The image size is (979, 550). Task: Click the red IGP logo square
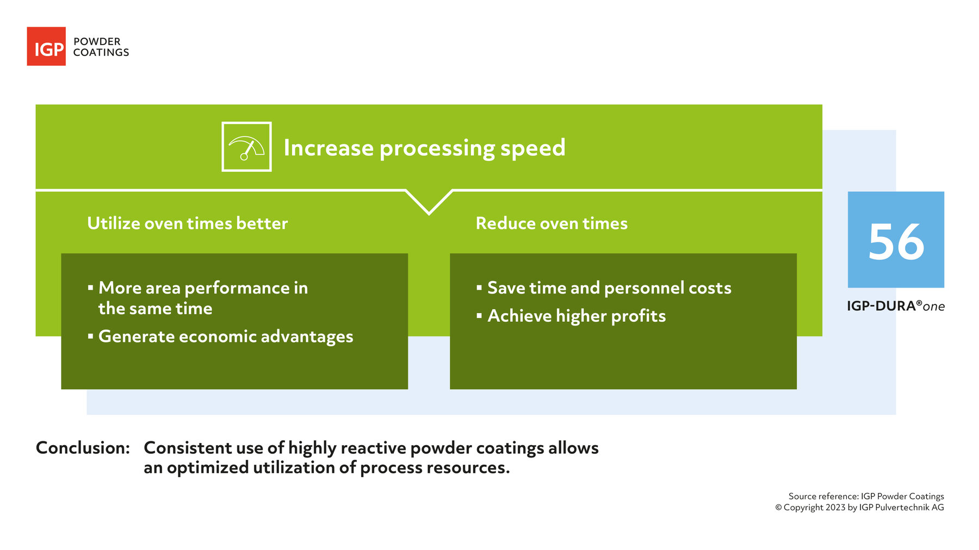(x=46, y=47)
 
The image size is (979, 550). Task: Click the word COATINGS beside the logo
(x=101, y=53)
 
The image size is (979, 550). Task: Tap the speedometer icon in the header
(x=246, y=147)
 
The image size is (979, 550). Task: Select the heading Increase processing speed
(x=424, y=148)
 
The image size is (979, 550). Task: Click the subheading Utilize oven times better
(x=187, y=223)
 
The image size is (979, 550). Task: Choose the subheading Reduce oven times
(x=552, y=223)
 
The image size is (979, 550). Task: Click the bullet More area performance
(x=203, y=288)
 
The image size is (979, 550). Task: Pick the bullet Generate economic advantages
(x=226, y=336)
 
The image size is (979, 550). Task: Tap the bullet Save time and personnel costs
(x=609, y=288)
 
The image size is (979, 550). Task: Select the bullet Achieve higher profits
(x=577, y=316)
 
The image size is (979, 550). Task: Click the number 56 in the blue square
(x=896, y=242)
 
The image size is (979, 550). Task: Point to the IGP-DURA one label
(x=895, y=306)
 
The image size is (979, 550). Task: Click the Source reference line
(x=866, y=496)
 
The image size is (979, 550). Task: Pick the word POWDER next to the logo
(x=97, y=42)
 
